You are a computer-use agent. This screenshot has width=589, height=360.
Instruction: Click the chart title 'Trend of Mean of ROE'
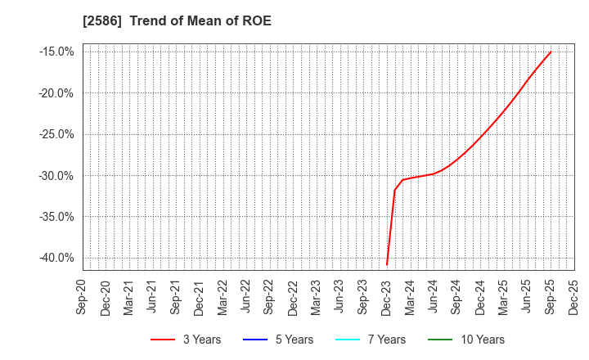coord(200,20)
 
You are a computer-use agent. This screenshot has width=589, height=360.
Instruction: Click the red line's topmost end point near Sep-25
coord(551,52)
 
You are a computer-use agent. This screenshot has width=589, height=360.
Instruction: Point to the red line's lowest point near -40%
coord(387,264)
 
